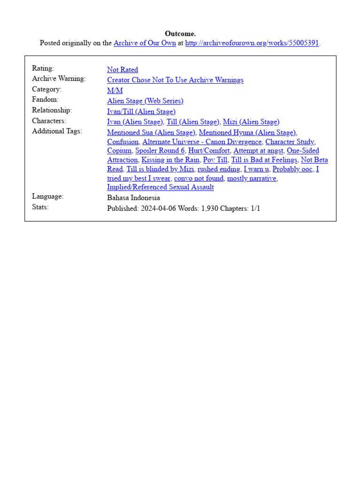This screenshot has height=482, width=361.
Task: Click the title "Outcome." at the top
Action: coord(180,34)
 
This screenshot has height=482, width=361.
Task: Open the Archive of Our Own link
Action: coord(145,43)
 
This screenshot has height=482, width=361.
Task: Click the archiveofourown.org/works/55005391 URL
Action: coord(252,43)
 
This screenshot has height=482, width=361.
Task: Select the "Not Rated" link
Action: coord(122,70)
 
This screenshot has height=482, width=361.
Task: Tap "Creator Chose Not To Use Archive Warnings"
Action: coord(175,80)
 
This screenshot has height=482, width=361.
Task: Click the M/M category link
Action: coord(115,90)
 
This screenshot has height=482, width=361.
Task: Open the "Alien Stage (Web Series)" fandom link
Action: coord(145,101)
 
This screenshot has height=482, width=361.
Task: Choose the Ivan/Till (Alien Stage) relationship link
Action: coord(141,112)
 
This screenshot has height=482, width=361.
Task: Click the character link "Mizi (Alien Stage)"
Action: coord(251,122)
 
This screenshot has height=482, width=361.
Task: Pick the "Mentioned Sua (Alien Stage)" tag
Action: coord(151,132)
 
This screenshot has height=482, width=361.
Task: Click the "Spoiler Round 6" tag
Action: coord(160,151)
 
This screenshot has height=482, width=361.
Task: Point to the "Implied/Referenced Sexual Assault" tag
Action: coord(160,187)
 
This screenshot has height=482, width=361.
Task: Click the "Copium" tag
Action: coord(119,151)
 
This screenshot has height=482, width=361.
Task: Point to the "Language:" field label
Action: coord(47,196)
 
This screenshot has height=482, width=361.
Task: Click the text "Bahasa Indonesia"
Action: coord(133,198)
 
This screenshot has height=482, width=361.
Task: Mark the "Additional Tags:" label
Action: coord(57,131)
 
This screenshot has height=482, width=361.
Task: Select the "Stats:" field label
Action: coord(40,207)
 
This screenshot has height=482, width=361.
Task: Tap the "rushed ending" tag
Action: coord(219,169)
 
